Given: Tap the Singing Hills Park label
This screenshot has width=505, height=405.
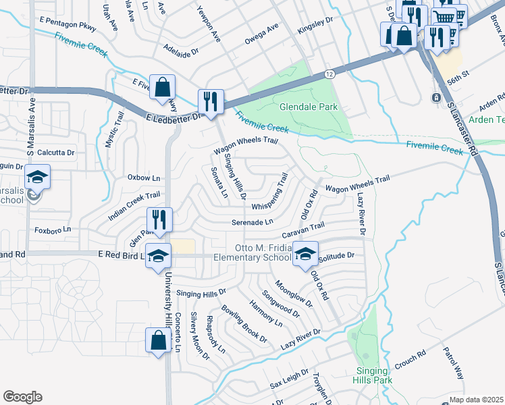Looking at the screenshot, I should coord(372,375).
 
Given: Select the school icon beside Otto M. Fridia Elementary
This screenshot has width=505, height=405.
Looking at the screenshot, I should coord(305,254).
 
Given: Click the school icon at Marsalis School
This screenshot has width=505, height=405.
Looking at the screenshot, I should coord(38,178).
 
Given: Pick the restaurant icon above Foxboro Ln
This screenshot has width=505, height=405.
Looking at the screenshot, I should coord(159,219).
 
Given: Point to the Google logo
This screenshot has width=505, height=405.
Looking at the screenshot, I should coord(22,397).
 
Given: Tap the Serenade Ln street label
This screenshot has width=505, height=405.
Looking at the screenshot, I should coord(252,221).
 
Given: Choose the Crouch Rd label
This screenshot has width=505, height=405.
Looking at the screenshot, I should coord(410,356).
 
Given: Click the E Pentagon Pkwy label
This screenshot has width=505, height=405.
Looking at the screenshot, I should coord(68,25).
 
